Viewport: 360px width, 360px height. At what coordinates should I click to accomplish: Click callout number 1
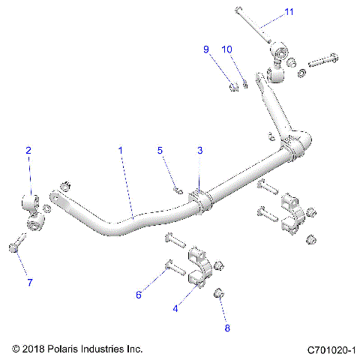(x=120, y=151)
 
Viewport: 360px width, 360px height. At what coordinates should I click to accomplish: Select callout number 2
(x=28, y=151)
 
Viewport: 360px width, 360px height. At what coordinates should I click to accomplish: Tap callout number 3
(x=200, y=151)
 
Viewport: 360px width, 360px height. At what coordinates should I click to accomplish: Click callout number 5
(x=160, y=151)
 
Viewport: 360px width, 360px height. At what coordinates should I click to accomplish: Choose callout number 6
(x=139, y=295)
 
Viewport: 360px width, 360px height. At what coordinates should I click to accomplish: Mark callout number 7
(x=29, y=283)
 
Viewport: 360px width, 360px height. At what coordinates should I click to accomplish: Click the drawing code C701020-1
(x=331, y=349)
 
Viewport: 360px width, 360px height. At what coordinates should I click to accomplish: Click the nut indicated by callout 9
(x=233, y=88)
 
